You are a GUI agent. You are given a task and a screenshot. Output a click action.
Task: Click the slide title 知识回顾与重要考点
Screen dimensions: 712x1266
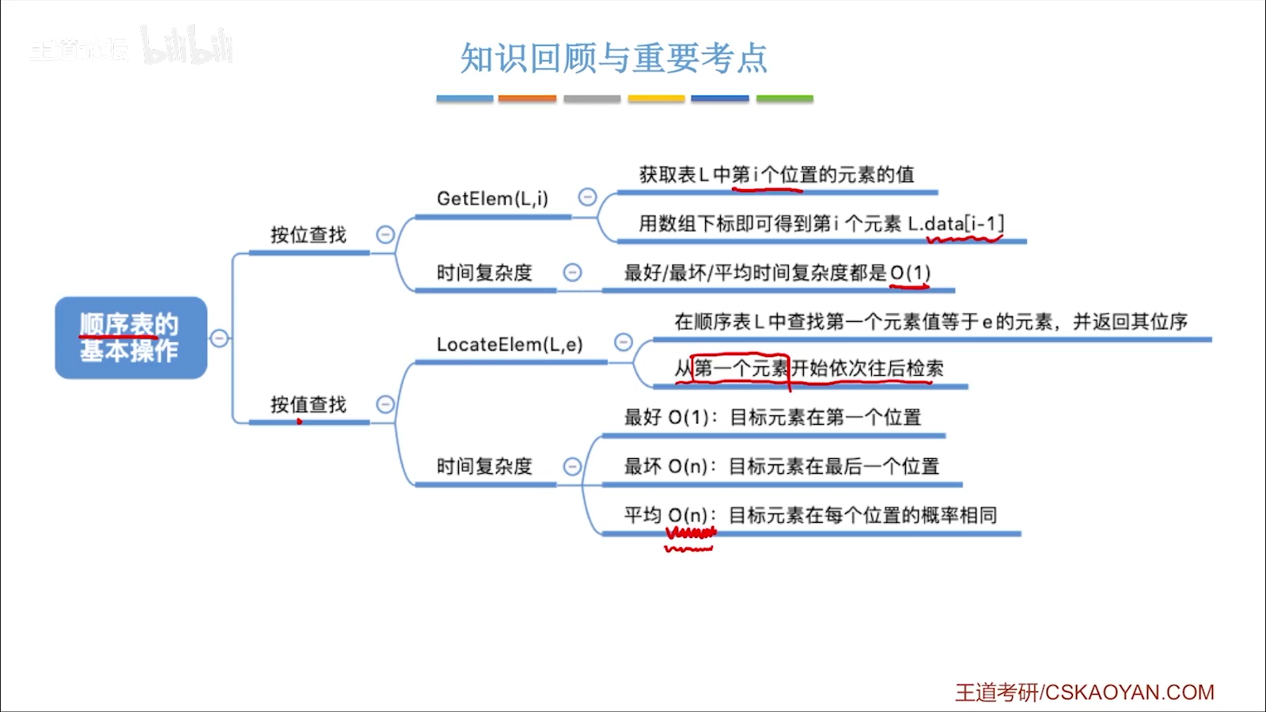point(614,59)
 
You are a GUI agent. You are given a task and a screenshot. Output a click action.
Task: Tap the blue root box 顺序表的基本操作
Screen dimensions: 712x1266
point(131,338)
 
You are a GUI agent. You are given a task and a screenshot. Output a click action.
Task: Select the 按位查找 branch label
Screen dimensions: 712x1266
point(309,235)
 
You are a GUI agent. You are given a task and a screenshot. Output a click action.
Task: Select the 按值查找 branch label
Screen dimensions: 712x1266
point(309,405)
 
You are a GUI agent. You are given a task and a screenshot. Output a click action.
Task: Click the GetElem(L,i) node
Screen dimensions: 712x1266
point(492,199)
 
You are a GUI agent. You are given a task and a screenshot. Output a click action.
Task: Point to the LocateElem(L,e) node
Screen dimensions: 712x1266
point(510,345)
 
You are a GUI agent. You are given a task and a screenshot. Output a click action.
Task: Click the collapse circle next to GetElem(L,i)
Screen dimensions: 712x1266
point(587,197)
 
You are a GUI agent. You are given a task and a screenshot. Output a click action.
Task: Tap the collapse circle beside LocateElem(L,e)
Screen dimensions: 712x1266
point(624,342)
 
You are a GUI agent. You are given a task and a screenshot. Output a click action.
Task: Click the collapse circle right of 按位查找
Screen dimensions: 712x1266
point(385,234)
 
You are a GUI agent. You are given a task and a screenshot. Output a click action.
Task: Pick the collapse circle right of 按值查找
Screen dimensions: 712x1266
point(385,404)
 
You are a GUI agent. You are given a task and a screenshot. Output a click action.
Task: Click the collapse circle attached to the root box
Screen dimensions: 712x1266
point(219,339)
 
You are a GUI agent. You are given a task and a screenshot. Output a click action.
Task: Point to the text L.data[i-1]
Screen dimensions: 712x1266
point(956,224)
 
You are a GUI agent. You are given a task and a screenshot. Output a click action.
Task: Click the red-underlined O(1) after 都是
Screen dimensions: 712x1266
point(910,273)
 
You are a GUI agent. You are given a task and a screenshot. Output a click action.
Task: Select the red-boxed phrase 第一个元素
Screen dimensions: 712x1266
point(741,368)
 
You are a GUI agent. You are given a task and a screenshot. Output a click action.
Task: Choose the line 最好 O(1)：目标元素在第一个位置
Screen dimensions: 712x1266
point(772,417)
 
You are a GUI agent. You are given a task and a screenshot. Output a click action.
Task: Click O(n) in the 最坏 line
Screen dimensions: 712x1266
point(688,467)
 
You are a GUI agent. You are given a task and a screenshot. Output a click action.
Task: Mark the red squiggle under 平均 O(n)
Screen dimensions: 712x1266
point(690,540)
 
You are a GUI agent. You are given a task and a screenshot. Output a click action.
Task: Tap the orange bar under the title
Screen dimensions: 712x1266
point(527,99)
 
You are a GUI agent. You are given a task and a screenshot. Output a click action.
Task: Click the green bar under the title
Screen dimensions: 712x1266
point(784,99)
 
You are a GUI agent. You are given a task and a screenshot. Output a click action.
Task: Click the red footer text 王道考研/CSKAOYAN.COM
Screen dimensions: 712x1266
point(1084,692)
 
